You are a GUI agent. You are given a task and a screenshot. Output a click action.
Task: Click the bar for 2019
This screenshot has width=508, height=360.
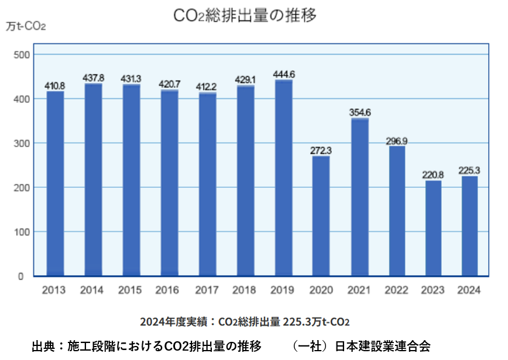coord(283,178)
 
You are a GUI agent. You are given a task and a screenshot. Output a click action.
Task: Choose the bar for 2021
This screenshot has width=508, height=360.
coord(359,197)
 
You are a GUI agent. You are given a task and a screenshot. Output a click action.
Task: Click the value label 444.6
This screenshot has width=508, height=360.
coord(284,74)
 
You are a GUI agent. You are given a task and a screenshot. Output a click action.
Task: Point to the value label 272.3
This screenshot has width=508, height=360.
coord(321,150)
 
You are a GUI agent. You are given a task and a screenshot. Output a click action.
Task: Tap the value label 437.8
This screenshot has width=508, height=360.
coord(94,78)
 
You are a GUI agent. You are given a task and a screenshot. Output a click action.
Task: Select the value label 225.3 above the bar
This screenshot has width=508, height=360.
coord(470,170)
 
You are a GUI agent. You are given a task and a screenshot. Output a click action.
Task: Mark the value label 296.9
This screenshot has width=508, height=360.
coord(397,140)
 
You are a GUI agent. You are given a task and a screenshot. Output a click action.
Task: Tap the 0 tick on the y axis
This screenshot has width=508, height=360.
coord(20,276)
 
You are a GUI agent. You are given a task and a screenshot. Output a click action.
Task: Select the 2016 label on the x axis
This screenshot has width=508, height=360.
coord(168,290)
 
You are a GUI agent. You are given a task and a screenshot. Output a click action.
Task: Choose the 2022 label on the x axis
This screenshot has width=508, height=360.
coord(397,290)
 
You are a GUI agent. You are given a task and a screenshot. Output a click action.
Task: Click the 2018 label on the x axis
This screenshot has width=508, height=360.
coord(244,290)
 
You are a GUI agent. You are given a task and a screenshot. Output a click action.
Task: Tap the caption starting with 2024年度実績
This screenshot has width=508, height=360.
coord(245,322)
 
